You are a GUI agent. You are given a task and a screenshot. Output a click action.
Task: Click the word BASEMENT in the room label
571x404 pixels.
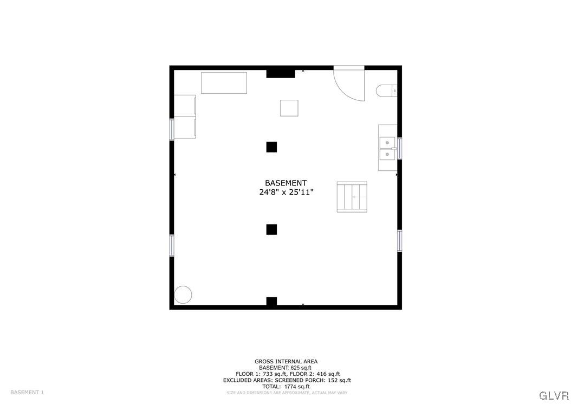click(x=285, y=183)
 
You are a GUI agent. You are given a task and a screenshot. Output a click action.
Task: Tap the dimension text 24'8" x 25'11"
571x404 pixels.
click(x=286, y=193)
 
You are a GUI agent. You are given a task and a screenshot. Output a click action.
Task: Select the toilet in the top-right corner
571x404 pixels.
click(x=387, y=91)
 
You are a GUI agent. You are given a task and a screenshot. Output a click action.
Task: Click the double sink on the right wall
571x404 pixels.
click(x=387, y=148)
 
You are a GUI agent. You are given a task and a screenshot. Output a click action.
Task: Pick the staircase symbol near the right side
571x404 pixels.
click(x=352, y=197)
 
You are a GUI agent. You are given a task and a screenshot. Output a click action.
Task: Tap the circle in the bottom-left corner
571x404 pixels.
click(x=183, y=294)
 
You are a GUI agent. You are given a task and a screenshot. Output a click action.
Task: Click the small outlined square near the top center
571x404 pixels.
click(x=289, y=108)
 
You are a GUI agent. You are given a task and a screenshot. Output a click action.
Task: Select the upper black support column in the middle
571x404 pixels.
click(x=271, y=147)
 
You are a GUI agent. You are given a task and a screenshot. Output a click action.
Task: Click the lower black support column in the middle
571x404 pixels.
click(x=271, y=229)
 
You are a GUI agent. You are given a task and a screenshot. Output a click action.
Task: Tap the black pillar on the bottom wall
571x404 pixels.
click(x=271, y=302)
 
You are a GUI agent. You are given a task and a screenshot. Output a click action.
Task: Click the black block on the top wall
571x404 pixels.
click(x=281, y=73)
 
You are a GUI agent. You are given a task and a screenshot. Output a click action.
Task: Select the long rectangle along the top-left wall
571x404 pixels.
click(x=224, y=83)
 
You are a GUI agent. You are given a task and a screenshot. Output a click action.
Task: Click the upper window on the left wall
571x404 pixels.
click(x=172, y=129)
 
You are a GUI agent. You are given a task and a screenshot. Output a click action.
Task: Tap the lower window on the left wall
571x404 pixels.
click(x=172, y=245)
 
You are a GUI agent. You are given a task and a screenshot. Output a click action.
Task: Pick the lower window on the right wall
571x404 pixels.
click(x=400, y=240)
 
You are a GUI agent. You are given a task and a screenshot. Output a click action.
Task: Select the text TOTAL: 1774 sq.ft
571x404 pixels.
click(x=286, y=387)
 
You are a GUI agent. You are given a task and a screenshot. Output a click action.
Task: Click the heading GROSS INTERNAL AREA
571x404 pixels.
click(x=286, y=361)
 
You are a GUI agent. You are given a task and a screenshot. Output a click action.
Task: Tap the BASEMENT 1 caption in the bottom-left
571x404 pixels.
click(x=27, y=392)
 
